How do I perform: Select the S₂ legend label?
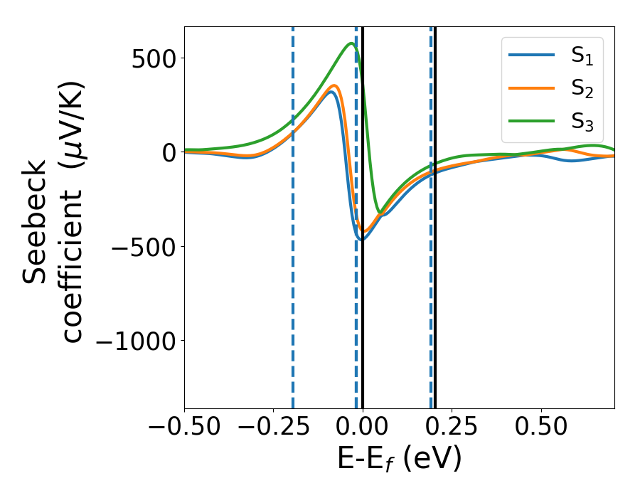(x=582, y=90)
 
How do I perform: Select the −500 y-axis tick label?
(x=142, y=247)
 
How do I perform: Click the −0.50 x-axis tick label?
(x=184, y=428)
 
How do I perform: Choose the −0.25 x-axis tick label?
(x=273, y=428)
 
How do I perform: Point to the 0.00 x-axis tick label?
(x=363, y=428)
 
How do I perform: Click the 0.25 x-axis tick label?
(x=452, y=428)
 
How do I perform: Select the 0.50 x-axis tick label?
(x=542, y=428)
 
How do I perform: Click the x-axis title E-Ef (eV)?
(x=399, y=459)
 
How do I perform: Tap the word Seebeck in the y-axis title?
(x=36, y=222)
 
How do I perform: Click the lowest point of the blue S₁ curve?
(x=361, y=239)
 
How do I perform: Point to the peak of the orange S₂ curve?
(x=334, y=86)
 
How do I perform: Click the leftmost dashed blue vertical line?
(x=293, y=213)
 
